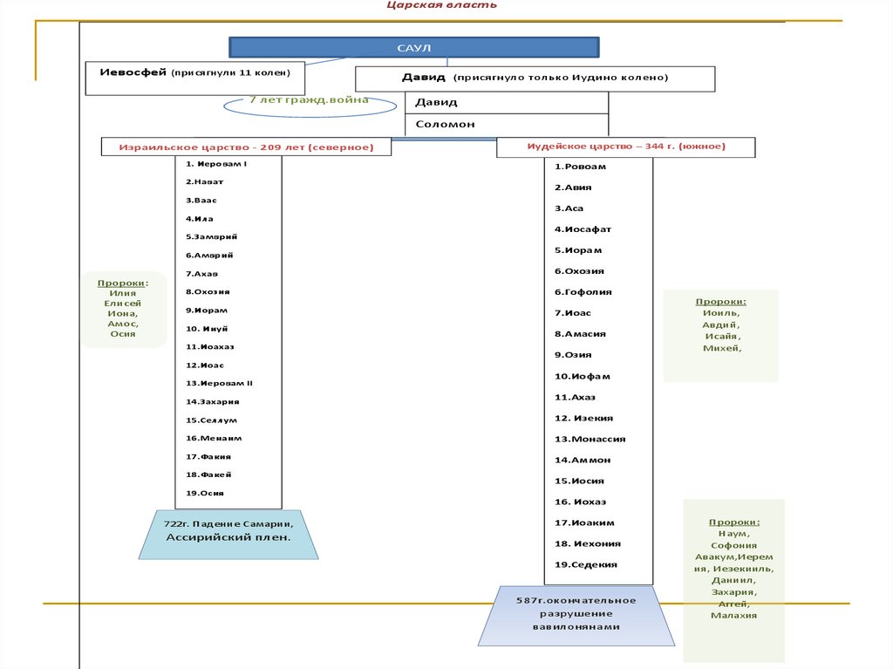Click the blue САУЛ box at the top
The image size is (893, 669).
coord(414,48)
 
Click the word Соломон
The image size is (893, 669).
coord(446,124)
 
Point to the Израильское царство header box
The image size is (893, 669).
coord(246,147)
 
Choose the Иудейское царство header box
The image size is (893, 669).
coord(625,147)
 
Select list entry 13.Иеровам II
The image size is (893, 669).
coord(219,383)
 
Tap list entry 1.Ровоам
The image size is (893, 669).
coord(580,167)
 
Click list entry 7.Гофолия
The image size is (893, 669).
coord(583,292)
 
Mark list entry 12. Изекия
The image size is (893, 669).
coord(583,418)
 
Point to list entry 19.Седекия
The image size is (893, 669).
coord(586,564)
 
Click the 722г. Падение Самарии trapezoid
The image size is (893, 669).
coord(227,531)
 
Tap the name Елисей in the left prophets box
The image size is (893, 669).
coord(122,304)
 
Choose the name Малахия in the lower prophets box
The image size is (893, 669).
coord(733,615)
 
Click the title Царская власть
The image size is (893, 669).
coord(442,5)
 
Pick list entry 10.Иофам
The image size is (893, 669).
coord(583,376)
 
